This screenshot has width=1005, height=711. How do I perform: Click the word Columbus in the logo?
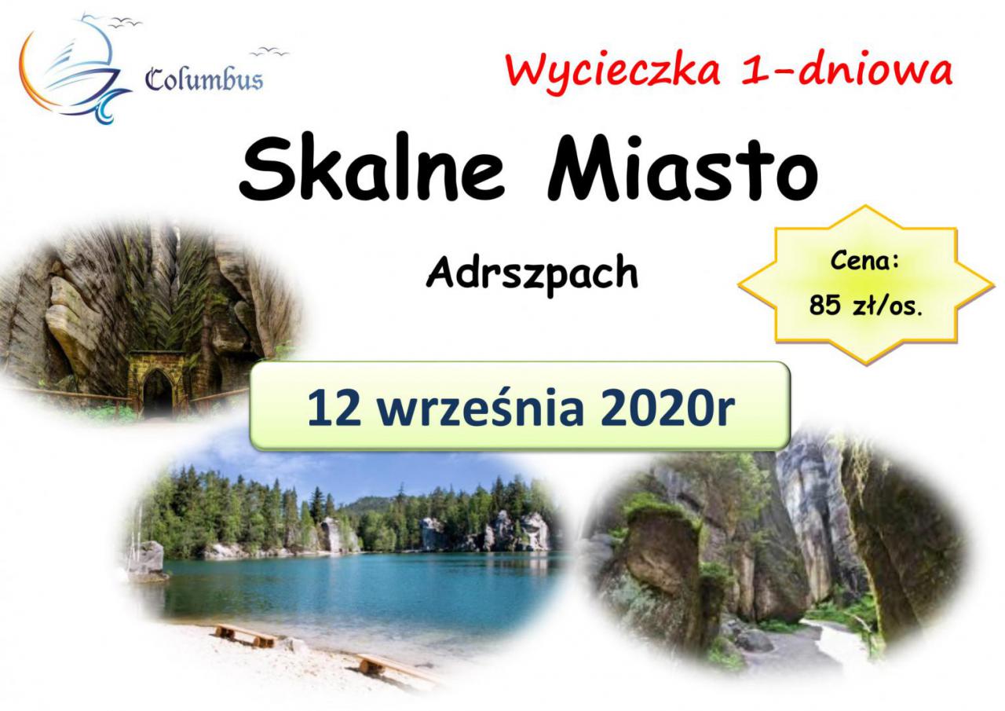[x=204, y=80]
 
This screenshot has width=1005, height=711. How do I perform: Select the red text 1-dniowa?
[x=846, y=71]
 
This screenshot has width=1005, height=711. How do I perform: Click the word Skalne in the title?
[x=372, y=168]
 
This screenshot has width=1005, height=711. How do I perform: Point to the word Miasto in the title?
[x=682, y=168]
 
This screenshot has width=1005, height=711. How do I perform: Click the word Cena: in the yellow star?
[x=864, y=261]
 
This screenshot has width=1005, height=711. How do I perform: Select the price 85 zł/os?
[x=865, y=306]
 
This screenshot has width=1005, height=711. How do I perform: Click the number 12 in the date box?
[x=334, y=409]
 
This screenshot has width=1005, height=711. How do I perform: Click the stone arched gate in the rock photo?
[x=156, y=382]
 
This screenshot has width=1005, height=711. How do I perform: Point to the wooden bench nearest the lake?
[x=244, y=636]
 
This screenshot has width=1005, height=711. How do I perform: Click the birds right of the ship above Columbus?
[x=269, y=52]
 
